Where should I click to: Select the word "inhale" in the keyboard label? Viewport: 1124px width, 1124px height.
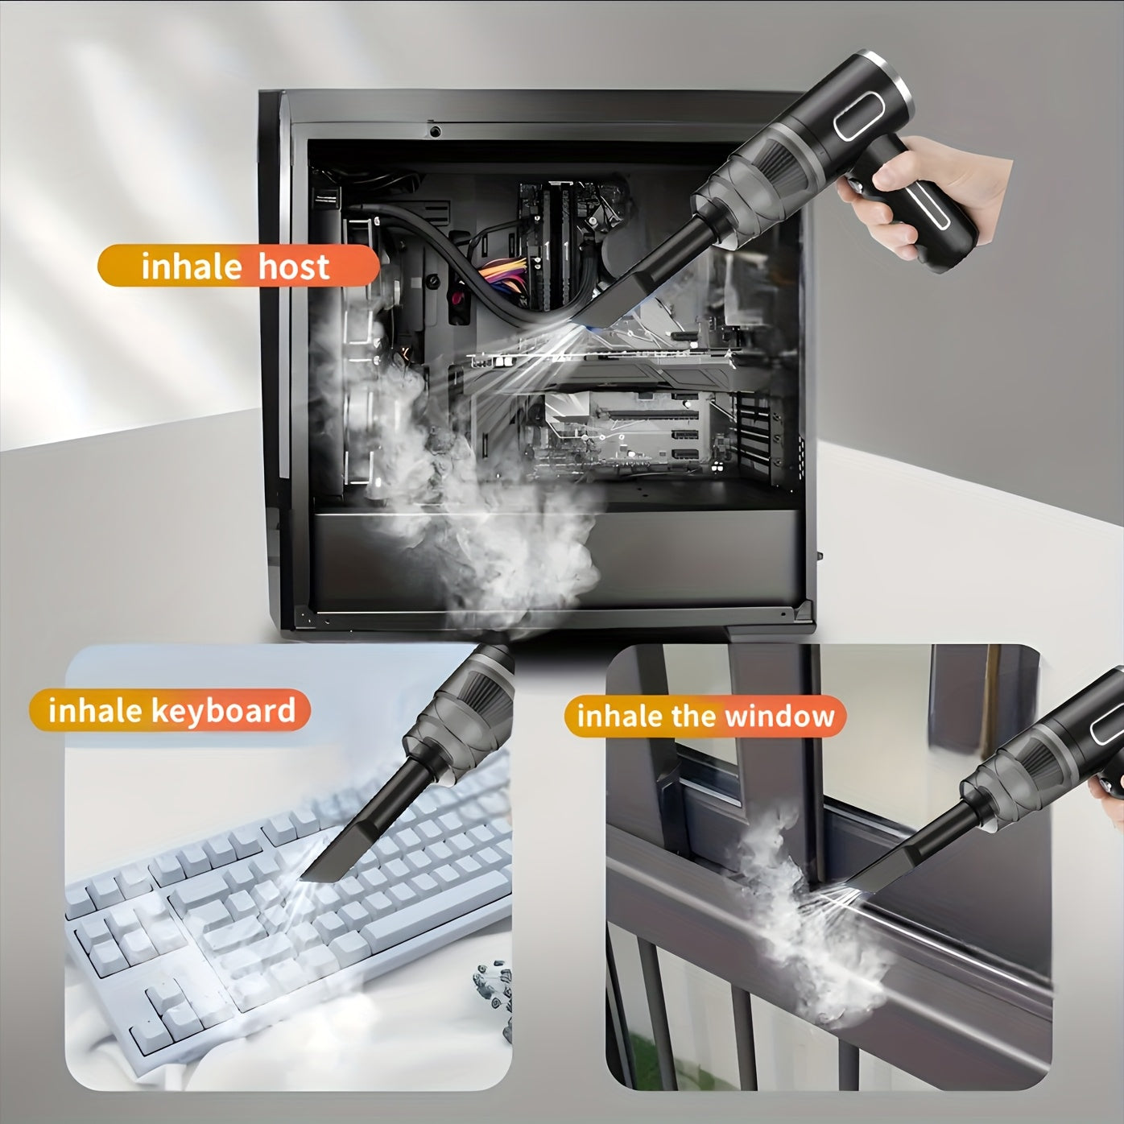tap(95, 711)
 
